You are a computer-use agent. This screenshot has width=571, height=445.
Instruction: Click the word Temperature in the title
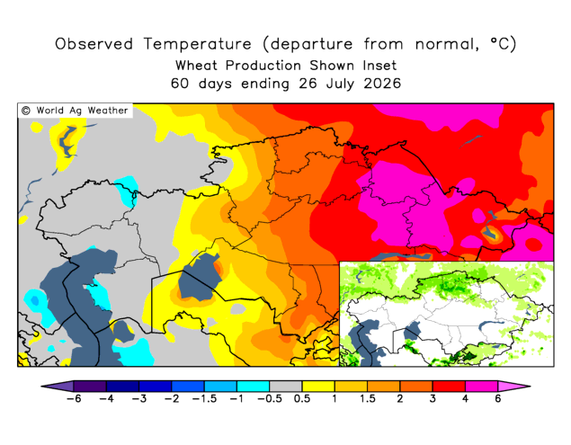197,44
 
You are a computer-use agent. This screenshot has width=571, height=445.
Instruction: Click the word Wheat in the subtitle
196,66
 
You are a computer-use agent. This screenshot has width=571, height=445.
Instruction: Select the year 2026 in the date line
382,84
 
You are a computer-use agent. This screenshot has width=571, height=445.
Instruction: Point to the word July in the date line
340,84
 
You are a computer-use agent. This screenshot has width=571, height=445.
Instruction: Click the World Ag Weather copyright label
75,111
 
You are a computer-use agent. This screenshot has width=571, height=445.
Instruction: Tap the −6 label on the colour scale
74,398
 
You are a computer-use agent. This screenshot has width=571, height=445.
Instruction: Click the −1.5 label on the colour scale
204,398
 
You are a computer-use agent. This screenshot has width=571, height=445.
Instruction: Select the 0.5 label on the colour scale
302,398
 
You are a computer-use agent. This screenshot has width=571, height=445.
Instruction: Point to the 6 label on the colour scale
498,398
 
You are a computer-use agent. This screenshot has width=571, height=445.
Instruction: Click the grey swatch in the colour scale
286,387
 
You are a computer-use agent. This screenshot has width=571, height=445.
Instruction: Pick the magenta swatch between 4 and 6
481,387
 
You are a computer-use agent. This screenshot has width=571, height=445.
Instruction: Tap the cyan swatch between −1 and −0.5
253,387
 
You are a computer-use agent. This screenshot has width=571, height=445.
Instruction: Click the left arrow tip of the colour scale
41,387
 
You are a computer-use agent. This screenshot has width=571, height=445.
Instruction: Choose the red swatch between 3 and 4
449,387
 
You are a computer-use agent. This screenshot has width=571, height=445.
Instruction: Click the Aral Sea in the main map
199,279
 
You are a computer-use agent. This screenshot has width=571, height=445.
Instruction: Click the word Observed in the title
94,44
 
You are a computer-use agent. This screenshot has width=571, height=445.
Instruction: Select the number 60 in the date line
180,84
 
